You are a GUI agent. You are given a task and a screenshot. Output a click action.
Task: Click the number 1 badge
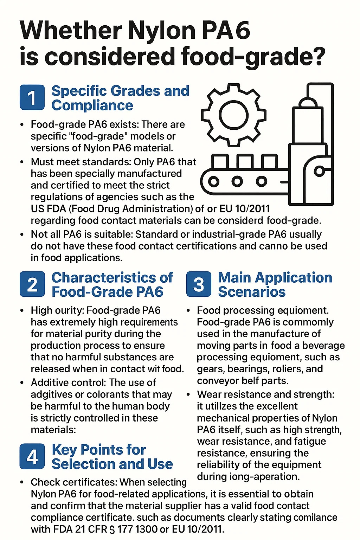click(32, 97)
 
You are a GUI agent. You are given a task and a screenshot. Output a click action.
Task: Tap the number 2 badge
click(32, 284)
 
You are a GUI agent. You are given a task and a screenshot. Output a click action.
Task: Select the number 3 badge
click(199, 284)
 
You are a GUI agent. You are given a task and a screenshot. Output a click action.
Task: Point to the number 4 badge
click(32, 456)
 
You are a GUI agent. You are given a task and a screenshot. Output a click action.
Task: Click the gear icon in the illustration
click(233, 115)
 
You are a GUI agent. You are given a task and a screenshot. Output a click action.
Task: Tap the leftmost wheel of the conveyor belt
click(214, 181)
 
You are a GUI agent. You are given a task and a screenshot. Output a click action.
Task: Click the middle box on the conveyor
click(245, 162)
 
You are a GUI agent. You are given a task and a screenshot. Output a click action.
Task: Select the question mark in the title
click(316, 57)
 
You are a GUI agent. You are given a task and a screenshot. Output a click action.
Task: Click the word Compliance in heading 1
click(92, 105)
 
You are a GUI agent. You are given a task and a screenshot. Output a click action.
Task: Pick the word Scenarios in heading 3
click(252, 292)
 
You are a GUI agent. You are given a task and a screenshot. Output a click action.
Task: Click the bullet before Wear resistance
click(188, 394)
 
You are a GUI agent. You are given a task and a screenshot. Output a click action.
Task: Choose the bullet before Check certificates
click(22, 482)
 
